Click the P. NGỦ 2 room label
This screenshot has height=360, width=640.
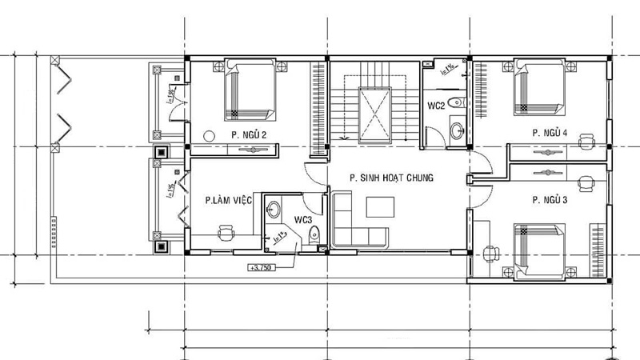point(249,134)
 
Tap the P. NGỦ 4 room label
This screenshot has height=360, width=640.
point(550,132)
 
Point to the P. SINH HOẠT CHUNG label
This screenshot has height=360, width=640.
point(391,178)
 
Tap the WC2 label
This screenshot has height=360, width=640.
point(436,106)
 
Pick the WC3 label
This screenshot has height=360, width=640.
point(302,219)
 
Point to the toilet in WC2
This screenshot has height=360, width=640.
point(454,102)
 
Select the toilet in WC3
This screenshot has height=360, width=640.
point(314,235)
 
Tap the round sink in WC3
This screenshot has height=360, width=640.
point(274,210)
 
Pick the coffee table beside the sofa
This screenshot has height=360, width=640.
point(380,206)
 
